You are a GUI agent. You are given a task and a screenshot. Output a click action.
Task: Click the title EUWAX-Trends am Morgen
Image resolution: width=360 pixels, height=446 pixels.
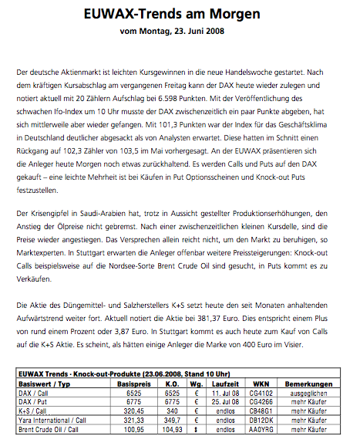click(x=180, y=15)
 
